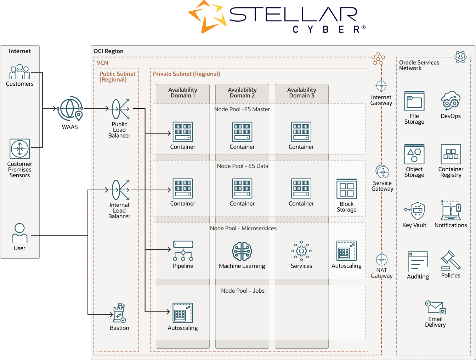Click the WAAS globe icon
70,108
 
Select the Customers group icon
19,72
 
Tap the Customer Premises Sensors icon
20,149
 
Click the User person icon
19,233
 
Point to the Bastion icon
119,313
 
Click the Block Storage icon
346,189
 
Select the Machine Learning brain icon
242,251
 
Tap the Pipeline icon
183,251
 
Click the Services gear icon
301,251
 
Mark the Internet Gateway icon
381,86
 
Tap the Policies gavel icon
450,261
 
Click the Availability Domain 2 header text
242,92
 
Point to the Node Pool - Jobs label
243,291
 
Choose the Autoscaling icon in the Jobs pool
183,313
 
